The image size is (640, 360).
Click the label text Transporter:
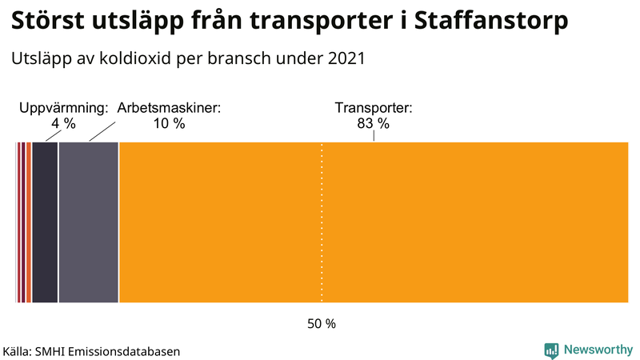[374, 107]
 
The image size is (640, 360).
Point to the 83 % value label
[374, 123]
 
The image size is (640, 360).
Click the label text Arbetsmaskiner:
[169, 107]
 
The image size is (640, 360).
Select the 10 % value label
[169, 123]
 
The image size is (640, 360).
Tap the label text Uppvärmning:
[63, 107]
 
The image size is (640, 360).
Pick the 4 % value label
[63, 123]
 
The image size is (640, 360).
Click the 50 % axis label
[322, 324]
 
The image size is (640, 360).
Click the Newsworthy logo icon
[551, 350]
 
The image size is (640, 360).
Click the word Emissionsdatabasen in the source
[128, 351]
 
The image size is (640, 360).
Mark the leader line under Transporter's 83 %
[374, 136]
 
